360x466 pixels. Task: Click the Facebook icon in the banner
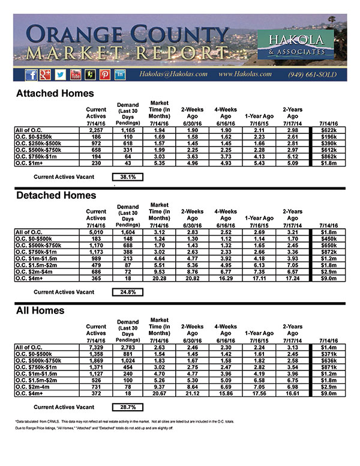tap(32, 74)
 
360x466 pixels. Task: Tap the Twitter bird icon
tap(61, 74)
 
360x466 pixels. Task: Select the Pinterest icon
tap(105, 74)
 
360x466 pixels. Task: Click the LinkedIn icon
tap(120, 74)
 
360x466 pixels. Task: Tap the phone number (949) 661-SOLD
tap(313, 74)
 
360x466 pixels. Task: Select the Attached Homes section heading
tap(55, 94)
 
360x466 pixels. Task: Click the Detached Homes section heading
tap(55, 195)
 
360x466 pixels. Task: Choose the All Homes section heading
tap(40, 311)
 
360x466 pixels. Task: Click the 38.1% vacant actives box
tap(128, 177)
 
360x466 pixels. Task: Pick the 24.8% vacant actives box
tap(128, 292)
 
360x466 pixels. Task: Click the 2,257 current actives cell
tap(96, 130)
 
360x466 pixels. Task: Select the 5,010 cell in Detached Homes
tap(96, 231)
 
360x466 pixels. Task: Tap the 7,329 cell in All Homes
tap(96, 346)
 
